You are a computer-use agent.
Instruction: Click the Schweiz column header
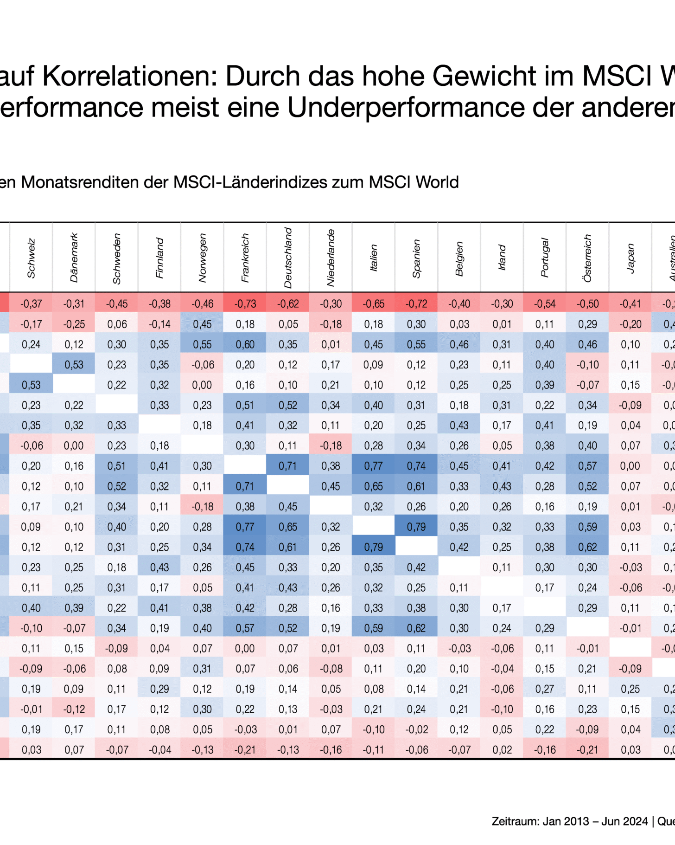click(x=31, y=258)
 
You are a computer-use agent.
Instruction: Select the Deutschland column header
click(x=288, y=258)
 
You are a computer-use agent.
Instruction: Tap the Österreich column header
click(x=587, y=258)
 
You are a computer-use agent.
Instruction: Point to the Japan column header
click(x=630, y=258)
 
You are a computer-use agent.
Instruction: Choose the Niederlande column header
click(x=331, y=258)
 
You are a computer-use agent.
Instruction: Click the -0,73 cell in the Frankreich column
click(x=245, y=304)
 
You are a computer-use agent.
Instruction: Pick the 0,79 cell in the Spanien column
click(x=416, y=527)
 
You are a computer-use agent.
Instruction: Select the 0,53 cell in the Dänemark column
click(x=74, y=365)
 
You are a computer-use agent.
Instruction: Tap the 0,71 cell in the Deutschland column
click(x=288, y=466)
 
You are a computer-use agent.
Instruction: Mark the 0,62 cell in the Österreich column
click(x=587, y=547)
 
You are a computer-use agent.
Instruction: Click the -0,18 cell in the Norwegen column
click(x=202, y=507)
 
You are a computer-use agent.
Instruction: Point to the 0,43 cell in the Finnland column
click(x=159, y=568)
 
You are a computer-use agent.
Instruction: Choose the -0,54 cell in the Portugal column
click(x=545, y=304)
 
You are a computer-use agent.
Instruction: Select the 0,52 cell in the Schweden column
click(x=117, y=486)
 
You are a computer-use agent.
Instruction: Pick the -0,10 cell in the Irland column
click(x=502, y=709)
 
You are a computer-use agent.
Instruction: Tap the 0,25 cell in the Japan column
click(x=630, y=689)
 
